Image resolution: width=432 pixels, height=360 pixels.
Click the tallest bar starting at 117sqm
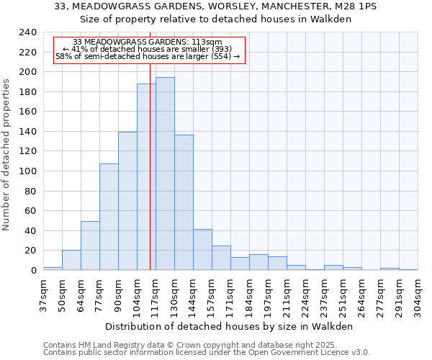[x=165, y=174]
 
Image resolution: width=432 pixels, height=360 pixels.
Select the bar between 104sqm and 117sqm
[x=146, y=176]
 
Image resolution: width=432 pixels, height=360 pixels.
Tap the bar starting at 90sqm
[x=127, y=201]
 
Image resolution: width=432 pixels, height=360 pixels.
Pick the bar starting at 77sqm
[x=109, y=217]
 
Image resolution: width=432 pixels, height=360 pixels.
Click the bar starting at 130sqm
[x=184, y=202]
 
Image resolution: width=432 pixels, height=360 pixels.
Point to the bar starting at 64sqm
[x=90, y=246]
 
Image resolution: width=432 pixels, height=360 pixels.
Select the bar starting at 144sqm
[x=202, y=250]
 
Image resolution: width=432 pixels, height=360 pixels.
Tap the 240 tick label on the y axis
[x=28, y=32]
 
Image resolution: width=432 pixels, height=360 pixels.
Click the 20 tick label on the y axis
[x=31, y=251]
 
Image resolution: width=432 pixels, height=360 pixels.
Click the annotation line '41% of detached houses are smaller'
[x=150, y=49]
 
